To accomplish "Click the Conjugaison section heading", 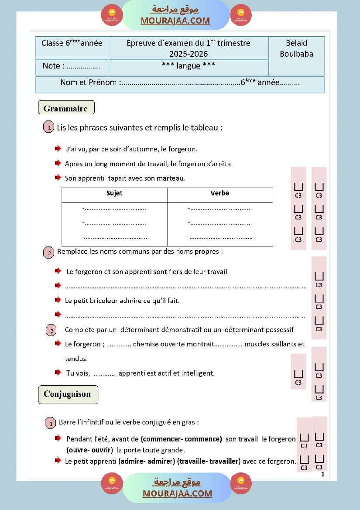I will (68, 394).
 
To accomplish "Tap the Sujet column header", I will (114, 193).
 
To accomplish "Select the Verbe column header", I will (219, 193).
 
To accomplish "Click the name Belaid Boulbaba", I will (296, 48).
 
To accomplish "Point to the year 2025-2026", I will (189, 54).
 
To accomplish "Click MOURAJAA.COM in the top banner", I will (175, 21).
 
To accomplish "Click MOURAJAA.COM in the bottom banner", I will (177, 493).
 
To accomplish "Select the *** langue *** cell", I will (189, 65).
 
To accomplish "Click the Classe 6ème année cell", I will (72, 43).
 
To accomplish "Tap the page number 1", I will (322, 475).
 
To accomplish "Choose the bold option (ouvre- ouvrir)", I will (90, 450).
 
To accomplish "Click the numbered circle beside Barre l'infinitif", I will (51, 423).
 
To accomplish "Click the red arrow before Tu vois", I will (58, 373).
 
